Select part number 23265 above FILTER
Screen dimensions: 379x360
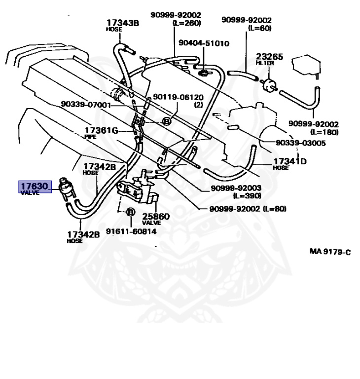[269, 57]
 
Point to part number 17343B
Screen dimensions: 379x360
[122, 22]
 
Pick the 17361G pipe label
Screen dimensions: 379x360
[101, 130]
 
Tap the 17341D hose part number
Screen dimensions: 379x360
[290, 161]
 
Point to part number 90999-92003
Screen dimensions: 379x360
[236, 189]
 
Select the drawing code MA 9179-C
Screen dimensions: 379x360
[330, 252]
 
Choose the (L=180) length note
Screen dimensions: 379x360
[324, 132]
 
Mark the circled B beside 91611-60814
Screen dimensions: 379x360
[130, 213]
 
